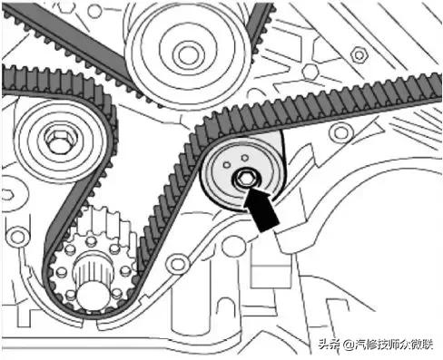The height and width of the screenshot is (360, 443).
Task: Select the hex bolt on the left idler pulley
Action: point(56,142)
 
